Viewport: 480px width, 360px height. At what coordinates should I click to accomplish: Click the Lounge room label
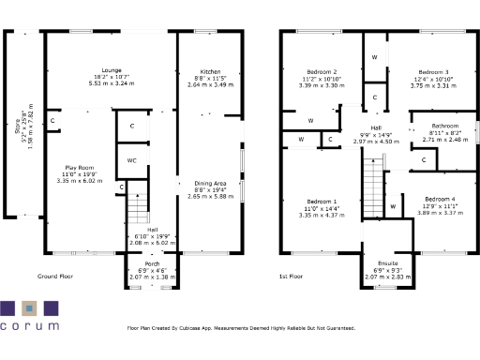[112, 69]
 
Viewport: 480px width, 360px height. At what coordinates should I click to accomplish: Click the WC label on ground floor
[132, 160]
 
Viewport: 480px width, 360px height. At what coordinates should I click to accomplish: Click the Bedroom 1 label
[322, 201]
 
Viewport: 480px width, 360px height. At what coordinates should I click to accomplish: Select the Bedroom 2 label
[322, 72]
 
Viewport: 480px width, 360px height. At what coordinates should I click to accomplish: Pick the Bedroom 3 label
[433, 72]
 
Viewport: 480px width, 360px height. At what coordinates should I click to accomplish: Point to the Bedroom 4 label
[438, 200]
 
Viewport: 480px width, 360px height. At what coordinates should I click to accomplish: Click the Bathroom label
[444, 126]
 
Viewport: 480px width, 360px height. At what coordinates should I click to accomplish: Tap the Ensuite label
[387, 263]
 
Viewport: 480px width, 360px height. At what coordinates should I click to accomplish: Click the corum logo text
[29, 326]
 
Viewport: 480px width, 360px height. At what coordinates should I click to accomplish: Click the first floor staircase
[374, 177]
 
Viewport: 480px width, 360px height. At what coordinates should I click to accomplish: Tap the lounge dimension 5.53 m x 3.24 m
[112, 83]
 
